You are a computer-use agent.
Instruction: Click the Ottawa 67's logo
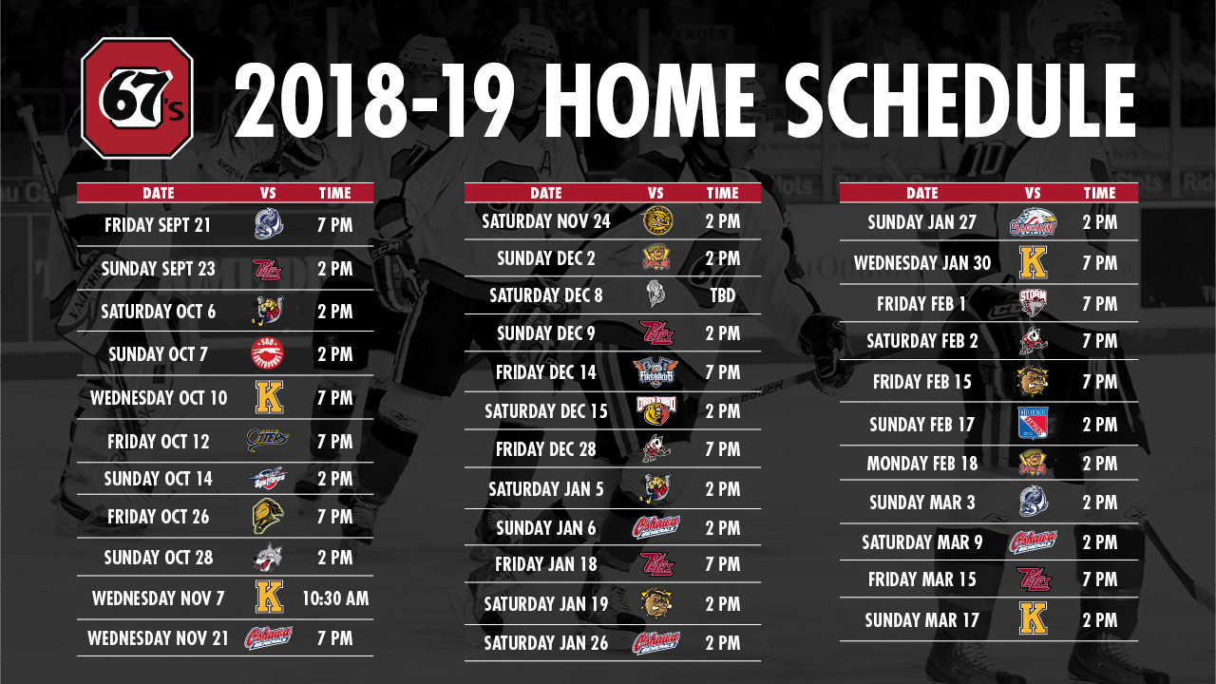(138, 98)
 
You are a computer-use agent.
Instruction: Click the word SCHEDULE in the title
(959, 101)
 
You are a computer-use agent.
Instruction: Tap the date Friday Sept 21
(158, 225)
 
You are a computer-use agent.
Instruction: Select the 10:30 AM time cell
(335, 598)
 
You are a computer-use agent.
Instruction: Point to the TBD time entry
(723, 295)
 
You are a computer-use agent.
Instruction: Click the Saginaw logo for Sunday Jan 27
(1033, 222)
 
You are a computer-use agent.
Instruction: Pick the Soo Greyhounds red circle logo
(268, 354)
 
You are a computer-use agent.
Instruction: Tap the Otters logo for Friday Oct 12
(268, 440)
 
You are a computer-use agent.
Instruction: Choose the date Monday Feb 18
(921, 464)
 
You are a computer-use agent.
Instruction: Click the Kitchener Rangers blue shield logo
(1033, 423)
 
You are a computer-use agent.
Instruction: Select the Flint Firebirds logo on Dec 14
(655, 371)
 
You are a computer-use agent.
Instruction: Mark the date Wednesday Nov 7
(159, 598)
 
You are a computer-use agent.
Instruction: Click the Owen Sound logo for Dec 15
(656, 411)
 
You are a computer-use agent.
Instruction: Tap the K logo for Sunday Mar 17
(1033, 618)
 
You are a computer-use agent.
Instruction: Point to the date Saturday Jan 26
(546, 643)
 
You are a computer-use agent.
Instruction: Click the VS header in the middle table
(655, 193)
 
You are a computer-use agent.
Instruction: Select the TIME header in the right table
(1100, 193)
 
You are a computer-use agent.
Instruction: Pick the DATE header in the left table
(159, 193)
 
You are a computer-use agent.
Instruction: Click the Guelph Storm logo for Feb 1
(1033, 303)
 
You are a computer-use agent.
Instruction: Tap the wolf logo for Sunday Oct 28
(268, 557)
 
